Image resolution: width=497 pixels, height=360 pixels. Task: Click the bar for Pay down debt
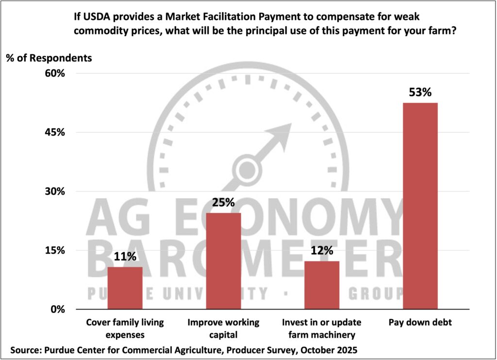tap(420, 206)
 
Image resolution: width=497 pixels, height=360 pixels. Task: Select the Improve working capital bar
tap(223, 261)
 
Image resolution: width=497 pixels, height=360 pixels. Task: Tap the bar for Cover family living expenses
tap(125, 288)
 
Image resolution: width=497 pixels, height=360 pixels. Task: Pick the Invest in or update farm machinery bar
tap(322, 285)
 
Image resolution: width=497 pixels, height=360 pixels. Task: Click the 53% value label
tap(420, 92)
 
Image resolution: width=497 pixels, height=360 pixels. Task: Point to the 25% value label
tap(223, 202)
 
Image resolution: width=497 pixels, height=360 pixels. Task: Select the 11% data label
tap(125, 257)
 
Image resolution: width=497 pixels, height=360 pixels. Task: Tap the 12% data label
tap(322, 251)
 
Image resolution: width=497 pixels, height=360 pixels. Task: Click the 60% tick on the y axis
tap(54, 74)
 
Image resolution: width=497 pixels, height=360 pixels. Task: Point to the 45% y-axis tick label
tap(54, 132)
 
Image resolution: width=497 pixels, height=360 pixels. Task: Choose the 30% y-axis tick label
tap(54, 192)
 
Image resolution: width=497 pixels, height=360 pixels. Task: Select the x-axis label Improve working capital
tap(223, 328)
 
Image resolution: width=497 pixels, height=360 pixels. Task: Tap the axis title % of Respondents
tap(49, 58)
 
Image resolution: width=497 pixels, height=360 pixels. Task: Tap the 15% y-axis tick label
tap(54, 250)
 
